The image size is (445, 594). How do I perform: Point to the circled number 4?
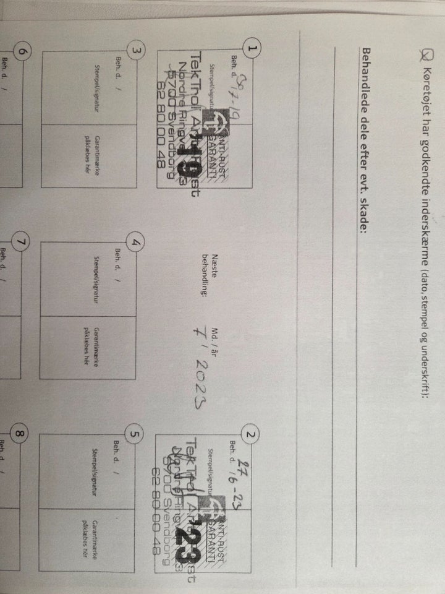point(138,243)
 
